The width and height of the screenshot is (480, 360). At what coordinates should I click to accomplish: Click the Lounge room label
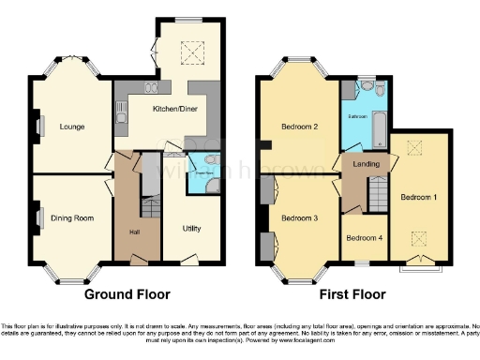[73, 126]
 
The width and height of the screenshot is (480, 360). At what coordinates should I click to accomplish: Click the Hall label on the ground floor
[133, 231]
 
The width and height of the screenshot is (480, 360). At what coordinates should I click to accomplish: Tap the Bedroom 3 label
[300, 217]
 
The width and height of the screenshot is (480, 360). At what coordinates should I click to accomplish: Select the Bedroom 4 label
[364, 237]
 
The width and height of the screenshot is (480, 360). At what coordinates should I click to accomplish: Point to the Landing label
[366, 165]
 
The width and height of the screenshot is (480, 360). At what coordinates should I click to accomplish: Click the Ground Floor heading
[127, 293]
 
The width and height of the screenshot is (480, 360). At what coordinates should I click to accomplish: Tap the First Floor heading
[352, 293]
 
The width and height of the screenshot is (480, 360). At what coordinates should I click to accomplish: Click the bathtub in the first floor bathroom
[379, 125]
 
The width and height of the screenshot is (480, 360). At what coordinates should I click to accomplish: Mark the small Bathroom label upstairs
[358, 116]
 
